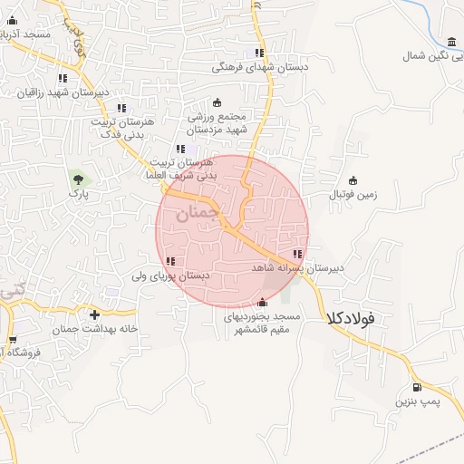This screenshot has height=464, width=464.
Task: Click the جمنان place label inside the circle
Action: [x=198, y=214]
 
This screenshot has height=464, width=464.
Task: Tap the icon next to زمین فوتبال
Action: [x=353, y=179]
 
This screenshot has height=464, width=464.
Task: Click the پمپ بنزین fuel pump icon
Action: [x=416, y=388]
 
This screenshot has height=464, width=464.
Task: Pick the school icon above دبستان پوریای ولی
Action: [x=170, y=261]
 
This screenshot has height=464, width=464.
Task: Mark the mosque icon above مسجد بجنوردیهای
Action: [x=263, y=303]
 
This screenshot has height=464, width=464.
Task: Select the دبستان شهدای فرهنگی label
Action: [x=261, y=67]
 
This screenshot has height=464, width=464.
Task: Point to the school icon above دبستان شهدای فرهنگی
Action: [x=260, y=53]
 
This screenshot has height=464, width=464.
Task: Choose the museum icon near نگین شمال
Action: [x=451, y=41]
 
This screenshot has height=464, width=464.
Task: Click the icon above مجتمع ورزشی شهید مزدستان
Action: [x=216, y=102]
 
